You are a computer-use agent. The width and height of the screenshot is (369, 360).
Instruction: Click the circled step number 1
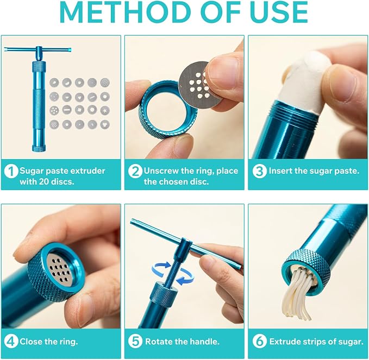(x=11, y=171)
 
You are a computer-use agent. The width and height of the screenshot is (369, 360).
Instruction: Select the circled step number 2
(x=135, y=171)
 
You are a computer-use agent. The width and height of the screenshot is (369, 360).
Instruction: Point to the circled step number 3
(x=260, y=171)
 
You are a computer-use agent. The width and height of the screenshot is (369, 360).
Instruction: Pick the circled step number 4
(x=11, y=342)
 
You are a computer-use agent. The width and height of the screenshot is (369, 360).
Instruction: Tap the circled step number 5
(x=135, y=342)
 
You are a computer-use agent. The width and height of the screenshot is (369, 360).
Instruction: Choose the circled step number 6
(x=260, y=342)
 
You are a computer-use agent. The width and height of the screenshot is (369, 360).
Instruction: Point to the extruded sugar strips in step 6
(x=298, y=294)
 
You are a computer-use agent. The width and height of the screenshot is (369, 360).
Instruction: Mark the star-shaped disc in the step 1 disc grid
(x=105, y=110)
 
